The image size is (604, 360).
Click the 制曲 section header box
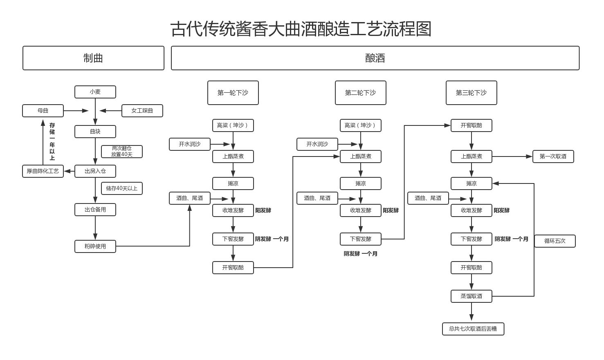[x=93, y=58]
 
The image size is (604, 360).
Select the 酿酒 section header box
[x=375, y=58]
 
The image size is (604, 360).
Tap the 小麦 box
[x=95, y=92]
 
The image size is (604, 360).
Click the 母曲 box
[x=43, y=111]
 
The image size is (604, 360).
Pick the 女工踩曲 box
[x=142, y=111]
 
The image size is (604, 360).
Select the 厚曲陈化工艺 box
[x=43, y=171]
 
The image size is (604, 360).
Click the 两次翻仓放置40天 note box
[x=122, y=152]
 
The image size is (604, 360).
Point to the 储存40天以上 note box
[x=122, y=188]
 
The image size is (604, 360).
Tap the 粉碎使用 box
[x=95, y=246]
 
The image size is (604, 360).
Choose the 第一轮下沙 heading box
[x=233, y=93]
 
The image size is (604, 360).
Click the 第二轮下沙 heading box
[x=360, y=93]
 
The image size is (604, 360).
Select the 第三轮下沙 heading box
[x=471, y=93]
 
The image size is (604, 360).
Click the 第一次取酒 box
[x=553, y=157]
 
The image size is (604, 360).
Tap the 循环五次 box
[x=555, y=241]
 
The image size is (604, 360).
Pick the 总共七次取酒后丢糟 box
[x=473, y=329]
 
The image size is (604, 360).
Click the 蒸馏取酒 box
[x=471, y=296]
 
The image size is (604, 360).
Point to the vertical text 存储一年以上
[x=52, y=141]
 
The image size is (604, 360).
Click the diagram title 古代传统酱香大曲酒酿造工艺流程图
[x=301, y=29]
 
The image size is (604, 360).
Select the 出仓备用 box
[x=95, y=210]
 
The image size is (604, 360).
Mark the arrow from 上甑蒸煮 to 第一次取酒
[x=512, y=157]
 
